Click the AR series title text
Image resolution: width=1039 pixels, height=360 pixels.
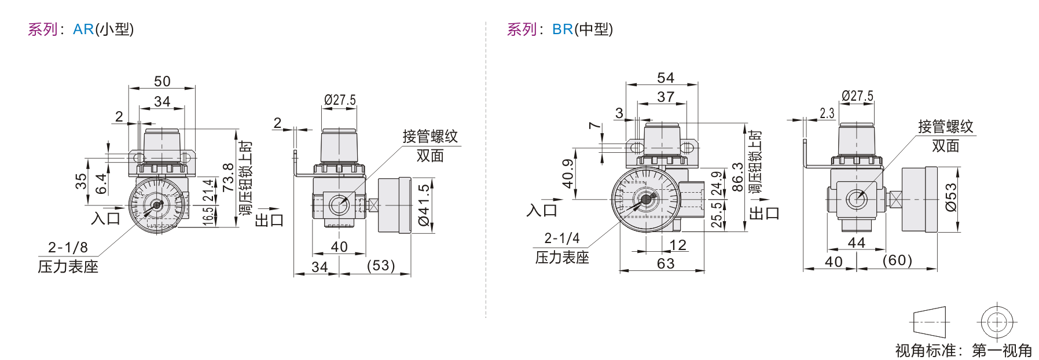click(80, 29)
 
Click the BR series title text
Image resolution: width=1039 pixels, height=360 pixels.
click(560, 29)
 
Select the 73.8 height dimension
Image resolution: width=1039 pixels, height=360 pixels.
click(228, 177)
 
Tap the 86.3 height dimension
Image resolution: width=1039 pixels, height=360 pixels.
click(737, 177)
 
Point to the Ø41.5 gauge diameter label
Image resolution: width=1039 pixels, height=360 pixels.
click(424, 205)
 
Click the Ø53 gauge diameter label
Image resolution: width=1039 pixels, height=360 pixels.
click(950, 197)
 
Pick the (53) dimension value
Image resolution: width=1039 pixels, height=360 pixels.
click(381, 266)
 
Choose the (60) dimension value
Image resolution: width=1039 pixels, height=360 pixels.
click(897, 260)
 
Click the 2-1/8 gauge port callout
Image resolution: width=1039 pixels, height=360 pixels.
click(68, 248)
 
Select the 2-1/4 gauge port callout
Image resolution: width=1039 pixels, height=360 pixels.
click(561, 238)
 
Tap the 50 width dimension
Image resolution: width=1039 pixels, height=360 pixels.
click(162, 82)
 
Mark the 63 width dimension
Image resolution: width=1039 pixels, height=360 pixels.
click(666, 264)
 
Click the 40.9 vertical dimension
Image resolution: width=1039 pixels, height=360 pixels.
click(568, 174)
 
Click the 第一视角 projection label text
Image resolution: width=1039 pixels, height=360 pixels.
click(1002, 350)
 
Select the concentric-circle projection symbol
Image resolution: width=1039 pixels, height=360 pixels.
click(997, 322)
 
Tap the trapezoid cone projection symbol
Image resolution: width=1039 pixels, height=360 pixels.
click(930, 322)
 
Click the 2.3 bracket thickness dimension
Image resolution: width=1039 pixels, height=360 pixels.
click(827, 113)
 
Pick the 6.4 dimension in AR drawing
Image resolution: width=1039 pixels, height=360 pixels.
click(101, 183)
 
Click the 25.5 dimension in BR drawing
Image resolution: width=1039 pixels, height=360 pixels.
click(717, 214)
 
